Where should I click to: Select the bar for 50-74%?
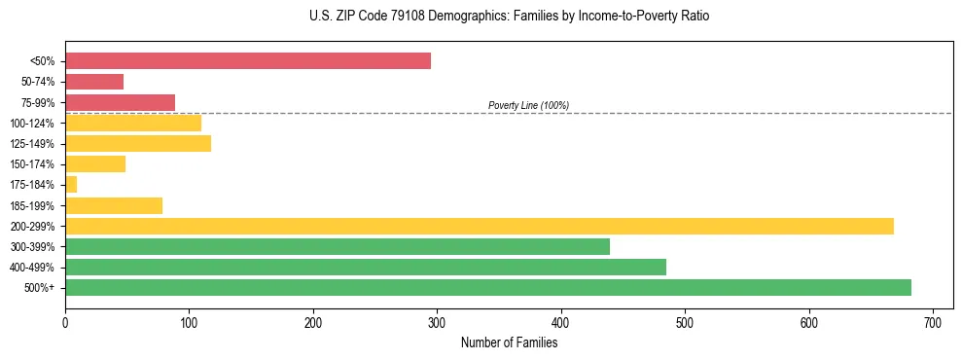tap(94, 82)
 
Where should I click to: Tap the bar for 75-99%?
tap(120, 102)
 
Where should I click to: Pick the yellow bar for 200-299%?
tap(480, 226)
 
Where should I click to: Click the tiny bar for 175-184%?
tap(71, 185)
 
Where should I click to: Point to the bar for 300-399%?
tap(338, 246)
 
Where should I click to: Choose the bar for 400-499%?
tap(366, 267)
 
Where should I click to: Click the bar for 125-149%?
tap(138, 144)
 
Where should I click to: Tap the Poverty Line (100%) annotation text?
tap(528, 105)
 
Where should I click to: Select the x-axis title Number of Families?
tap(509, 342)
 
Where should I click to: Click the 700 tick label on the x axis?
tap(933, 321)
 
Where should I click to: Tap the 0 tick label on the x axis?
tap(65, 321)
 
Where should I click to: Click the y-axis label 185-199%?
tap(32, 205)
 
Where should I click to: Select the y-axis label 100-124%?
tap(32, 124)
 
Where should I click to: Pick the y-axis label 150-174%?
tap(32, 164)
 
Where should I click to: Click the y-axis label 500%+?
tap(39, 288)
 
